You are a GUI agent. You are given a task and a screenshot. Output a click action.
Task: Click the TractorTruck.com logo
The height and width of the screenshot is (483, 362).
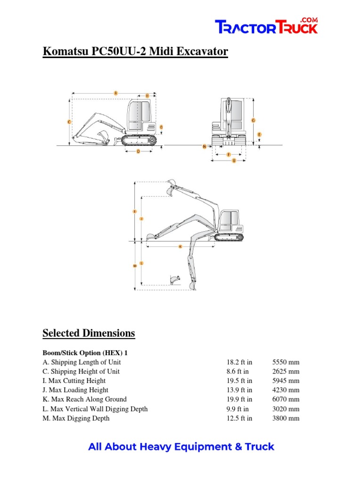(x=266, y=26)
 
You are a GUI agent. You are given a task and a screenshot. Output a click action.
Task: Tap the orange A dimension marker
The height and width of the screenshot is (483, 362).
(x=115, y=93)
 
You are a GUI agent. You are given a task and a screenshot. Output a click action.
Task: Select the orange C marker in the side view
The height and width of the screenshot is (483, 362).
(x=69, y=122)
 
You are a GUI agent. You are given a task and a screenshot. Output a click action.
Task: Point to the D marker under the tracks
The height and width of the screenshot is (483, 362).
(x=138, y=151)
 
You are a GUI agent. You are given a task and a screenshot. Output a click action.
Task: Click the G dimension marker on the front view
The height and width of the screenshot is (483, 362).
(x=253, y=121)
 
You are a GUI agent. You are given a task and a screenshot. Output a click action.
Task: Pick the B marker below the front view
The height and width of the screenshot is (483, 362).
(x=234, y=161)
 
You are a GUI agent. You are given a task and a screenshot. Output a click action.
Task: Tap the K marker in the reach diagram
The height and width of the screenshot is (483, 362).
(x=180, y=247)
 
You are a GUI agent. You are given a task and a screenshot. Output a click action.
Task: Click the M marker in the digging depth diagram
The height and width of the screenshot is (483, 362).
(x=135, y=266)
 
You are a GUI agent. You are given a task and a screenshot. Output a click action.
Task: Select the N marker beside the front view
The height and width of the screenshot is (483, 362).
(x=204, y=146)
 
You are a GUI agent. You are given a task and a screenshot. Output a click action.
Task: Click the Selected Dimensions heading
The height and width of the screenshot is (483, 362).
(x=89, y=333)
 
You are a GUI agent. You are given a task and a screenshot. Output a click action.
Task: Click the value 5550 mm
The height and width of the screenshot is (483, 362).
(x=286, y=362)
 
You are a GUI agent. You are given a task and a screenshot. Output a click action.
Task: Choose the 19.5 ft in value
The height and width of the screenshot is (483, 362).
(x=239, y=381)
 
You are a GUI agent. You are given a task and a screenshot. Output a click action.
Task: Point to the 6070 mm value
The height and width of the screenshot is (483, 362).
(x=286, y=400)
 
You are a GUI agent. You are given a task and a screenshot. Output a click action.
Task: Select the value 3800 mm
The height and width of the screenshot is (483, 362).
(x=286, y=418)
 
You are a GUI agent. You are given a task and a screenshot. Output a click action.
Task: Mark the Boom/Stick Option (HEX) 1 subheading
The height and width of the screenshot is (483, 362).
(x=85, y=353)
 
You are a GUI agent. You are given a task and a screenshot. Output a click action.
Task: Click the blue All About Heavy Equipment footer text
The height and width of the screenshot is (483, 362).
(x=181, y=447)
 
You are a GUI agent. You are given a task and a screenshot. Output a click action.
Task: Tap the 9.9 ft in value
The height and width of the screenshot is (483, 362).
(x=238, y=409)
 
